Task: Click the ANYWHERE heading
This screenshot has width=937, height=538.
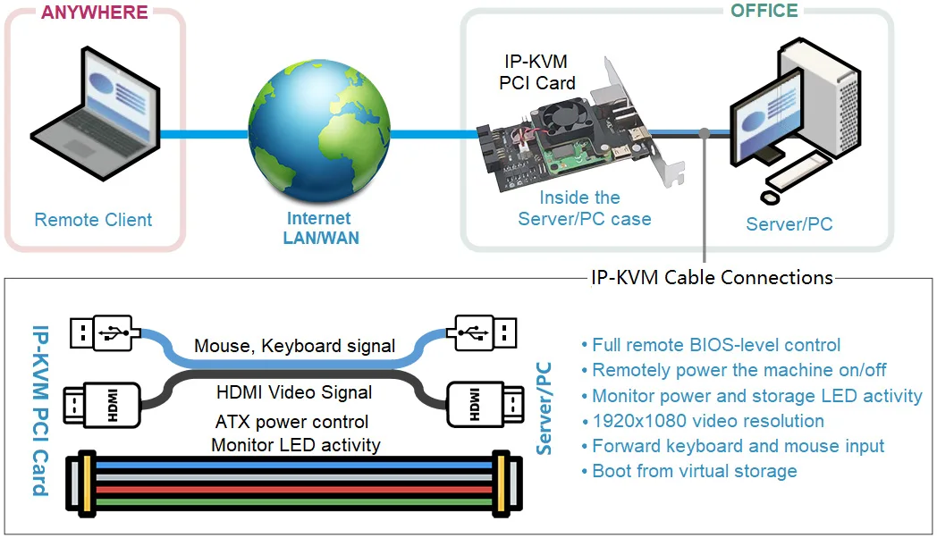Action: tap(94, 13)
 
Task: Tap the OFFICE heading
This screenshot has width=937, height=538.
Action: tap(764, 11)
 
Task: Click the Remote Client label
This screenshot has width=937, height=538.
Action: tap(93, 220)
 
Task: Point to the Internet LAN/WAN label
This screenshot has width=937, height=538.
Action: tap(319, 228)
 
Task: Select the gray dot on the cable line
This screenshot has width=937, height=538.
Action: tap(705, 133)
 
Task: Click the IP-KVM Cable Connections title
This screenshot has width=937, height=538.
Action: tap(712, 277)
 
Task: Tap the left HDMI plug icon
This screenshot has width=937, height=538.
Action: tap(102, 403)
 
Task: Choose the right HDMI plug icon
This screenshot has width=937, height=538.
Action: tap(483, 403)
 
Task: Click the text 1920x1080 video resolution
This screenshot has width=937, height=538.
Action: tap(707, 421)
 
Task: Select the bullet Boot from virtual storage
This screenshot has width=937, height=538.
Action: tap(694, 471)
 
